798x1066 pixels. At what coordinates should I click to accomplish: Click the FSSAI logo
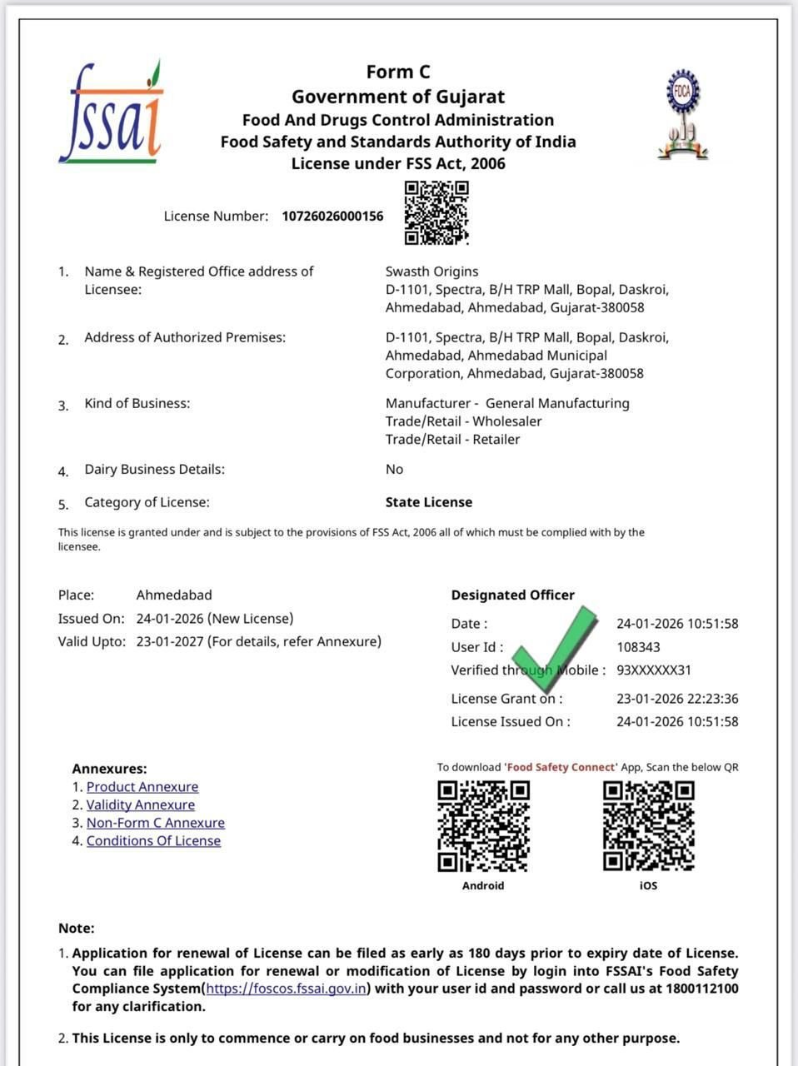click(x=111, y=113)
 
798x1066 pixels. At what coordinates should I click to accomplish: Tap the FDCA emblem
click(x=683, y=114)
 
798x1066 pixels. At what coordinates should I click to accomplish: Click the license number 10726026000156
click(x=332, y=217)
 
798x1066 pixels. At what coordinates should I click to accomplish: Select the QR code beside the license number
click(x=436, y=213)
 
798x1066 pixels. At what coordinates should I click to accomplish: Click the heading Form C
click(x=398, y=72)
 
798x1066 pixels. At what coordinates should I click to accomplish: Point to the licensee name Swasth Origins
click(x=431, y=271)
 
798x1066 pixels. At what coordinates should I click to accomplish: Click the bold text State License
click(x=428, y=502)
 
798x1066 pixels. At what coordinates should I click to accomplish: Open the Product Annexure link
click(x=142, y=787)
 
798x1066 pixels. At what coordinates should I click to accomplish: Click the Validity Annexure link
click(x=141, y=804)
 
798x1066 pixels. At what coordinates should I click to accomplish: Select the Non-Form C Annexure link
click(x=156, y=823)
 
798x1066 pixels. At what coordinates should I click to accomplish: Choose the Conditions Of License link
click(x=153, y=841)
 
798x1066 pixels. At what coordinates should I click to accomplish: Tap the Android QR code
click(x=483, y=825)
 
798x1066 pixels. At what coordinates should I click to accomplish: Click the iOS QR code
click(x=648, y=825)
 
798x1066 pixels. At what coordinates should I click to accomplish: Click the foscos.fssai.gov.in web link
click(x=286, y=989)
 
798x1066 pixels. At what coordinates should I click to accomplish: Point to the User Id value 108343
click(x=638, y=647)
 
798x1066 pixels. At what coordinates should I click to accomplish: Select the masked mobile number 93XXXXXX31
click(x=654, y=670)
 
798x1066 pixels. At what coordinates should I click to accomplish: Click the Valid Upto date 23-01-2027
click(x=170, y=642)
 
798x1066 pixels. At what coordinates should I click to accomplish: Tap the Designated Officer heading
click(x=512, y=595)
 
